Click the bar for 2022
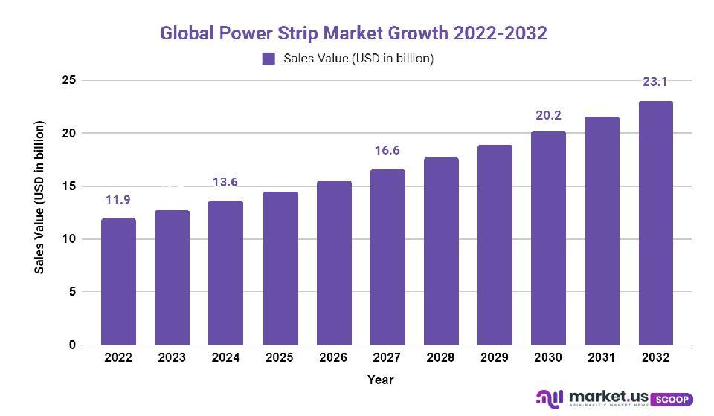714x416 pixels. [118, 282]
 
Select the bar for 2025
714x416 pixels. [280, 268]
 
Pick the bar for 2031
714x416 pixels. [602, 231]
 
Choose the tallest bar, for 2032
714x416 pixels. [655, 223]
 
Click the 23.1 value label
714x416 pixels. [655, 82]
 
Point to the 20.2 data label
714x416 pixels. [548, 115]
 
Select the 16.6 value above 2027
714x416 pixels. [387, 151]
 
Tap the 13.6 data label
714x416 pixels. [225, 183]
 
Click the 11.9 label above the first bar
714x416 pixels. [118, 200]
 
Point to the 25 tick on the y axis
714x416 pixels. [68, 80]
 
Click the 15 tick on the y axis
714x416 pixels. [68, 186]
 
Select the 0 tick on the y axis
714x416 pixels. [72, 345]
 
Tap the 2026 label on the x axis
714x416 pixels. [333, 358]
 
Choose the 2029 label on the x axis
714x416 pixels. [495, 358]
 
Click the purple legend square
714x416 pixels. [268, 59]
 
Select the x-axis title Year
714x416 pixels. [380, 380]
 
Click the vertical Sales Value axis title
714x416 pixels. [40, 197]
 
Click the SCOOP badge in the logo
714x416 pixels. [672, 399]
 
